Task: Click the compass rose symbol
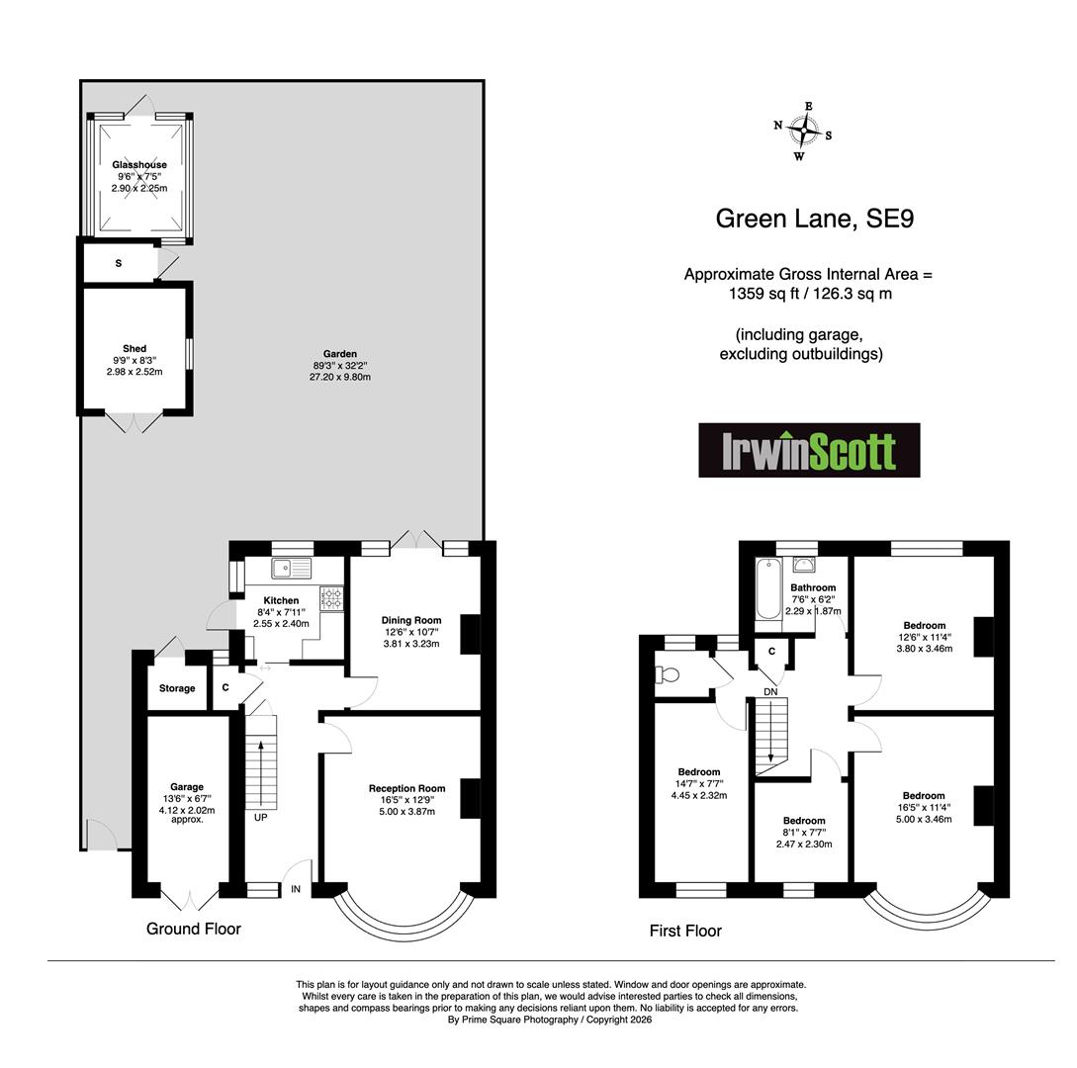[x=803, y=131]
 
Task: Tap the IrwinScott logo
[x=809, y=451]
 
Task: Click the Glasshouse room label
[x=139, y=165]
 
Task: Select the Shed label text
[x=135, y=349]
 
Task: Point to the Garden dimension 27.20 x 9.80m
[x=340, y=377]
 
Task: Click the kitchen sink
[x=291, y=568]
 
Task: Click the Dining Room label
[x=411, y=620]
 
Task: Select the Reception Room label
[x=407, y=788]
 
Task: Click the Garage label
[x=187, y=787]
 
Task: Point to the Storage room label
[x=177, y=688]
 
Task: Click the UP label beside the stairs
[x=261, y=817]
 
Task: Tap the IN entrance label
[x=296, y=889]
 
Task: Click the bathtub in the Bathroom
[x=768, y=589]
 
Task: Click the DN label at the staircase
[x=770, y=691]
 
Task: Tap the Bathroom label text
[x=813, y=588]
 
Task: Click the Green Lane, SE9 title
[x=815, y=219]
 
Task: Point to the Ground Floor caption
[x=194, y=929]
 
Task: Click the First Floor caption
[x=685, y=931]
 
